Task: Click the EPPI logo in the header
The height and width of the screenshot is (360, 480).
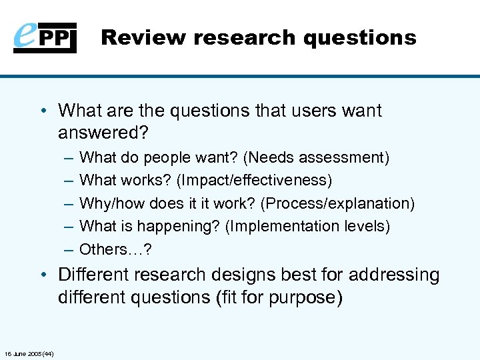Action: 45,37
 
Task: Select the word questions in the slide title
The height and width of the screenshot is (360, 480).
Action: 359,37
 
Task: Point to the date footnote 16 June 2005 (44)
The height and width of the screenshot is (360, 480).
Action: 29,353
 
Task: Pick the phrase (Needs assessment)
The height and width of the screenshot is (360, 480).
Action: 316,158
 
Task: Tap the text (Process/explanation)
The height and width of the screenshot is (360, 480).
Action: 347,203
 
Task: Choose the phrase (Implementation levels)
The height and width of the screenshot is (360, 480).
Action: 307,226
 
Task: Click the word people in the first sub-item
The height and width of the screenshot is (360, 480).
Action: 167,158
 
